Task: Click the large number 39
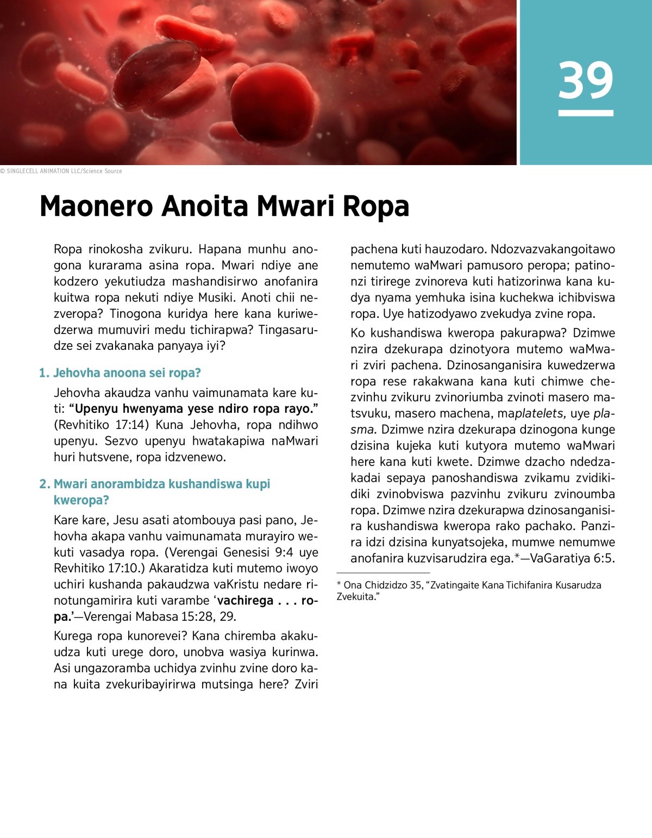pos(586,80)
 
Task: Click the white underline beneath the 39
pos(586,113)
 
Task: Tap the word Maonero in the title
pos(97,206)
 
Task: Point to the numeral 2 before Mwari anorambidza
pos(43,484)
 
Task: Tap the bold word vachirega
pos(245,601)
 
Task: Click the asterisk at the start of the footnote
pos(339,585)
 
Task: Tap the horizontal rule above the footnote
pos(383,572)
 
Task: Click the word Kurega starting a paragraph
pos(72,636)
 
